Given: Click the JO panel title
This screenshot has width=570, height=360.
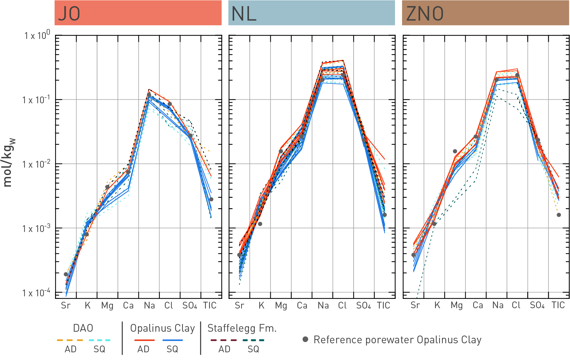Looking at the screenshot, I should [69, 14].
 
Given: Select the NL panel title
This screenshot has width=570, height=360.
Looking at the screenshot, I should [244, 14].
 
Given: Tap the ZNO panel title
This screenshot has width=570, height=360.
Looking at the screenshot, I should [425, 14].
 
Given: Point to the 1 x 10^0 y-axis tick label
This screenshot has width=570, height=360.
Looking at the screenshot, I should [37, 35].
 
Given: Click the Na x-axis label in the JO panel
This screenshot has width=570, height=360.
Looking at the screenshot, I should [149, 305].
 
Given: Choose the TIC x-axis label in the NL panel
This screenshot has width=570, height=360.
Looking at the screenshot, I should [383, 305].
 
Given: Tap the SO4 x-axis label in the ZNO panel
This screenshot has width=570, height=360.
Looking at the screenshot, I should [537, 305].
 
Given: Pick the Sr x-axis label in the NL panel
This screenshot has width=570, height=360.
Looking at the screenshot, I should [239, 305].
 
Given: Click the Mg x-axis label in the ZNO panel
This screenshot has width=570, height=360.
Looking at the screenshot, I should [456, 305].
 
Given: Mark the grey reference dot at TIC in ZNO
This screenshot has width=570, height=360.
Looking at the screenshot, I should [559, 215].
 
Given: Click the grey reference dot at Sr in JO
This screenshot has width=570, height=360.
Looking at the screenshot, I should [66, 274].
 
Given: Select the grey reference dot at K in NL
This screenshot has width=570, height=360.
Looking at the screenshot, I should [260, 224].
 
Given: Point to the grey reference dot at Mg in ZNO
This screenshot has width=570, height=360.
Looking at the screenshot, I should [455, 151].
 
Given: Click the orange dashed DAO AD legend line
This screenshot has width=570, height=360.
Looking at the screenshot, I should [70, 340].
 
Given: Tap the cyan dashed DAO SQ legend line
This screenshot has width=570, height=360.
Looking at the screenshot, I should [99, 340].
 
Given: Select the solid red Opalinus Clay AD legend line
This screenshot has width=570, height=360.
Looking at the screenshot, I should [144, 340].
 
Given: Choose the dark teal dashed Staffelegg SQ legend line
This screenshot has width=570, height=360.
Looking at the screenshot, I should [253, 340].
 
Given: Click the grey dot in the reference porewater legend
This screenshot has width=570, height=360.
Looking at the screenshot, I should [306, 339].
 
